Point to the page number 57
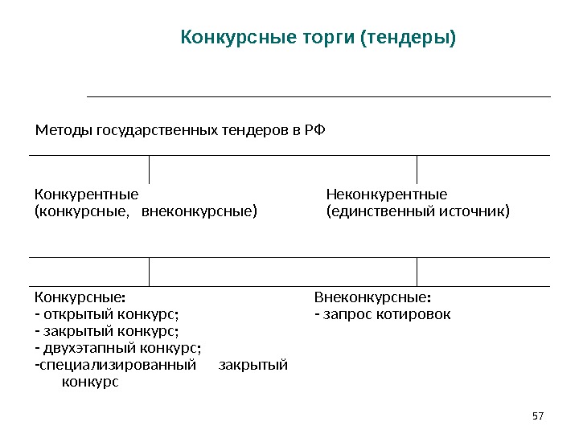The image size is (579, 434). (x=538, y=416)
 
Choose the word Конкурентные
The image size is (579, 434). (x=86, y=194)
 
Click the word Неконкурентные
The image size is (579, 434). (x=386, y=194)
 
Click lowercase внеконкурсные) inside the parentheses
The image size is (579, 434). (x=199, y=212)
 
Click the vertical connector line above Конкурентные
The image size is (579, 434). (x=150, y=169)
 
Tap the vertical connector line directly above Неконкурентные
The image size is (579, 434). (x=417, y=169)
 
